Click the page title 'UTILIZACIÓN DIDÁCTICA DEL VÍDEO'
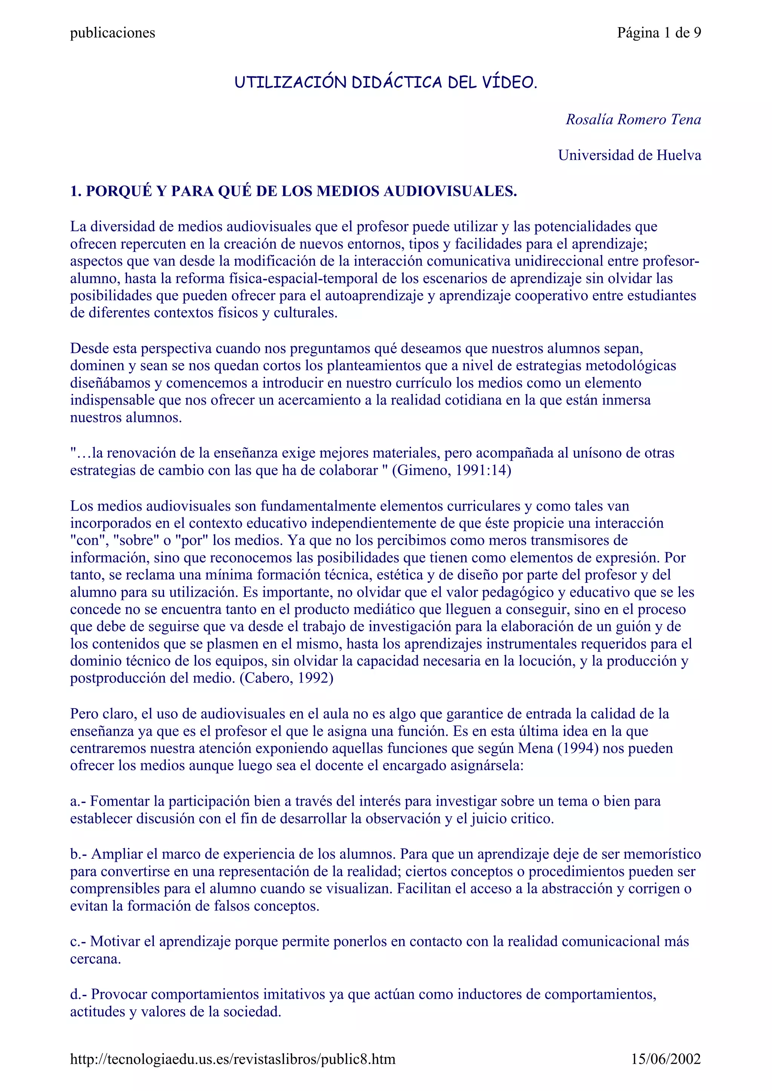tap(386, 83)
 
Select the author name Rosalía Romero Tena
tap(633, 119)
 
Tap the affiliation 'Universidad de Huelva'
tap(629, 155)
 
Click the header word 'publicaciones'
tap(113, 33)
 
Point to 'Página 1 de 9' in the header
tap(659, 33)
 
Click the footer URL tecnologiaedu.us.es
tap(233, 1059)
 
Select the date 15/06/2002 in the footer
tap(666, 1059)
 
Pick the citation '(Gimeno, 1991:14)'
tap(452, 471)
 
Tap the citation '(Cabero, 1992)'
tap(286, 678)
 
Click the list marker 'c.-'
tap(78, 941)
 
